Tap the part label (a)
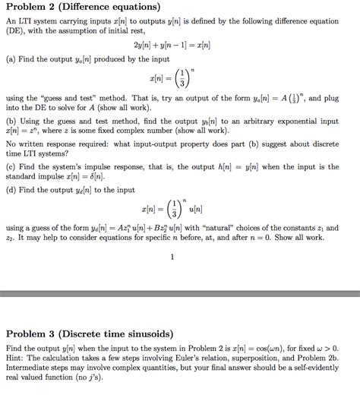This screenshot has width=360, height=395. (x=11, y=60)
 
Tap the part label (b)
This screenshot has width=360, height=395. (x=11, y=120)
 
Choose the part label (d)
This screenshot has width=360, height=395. (x=11, y=188)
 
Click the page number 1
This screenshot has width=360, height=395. (x=173, y=256)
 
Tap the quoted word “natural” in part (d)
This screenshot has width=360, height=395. (x=226, y=227)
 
